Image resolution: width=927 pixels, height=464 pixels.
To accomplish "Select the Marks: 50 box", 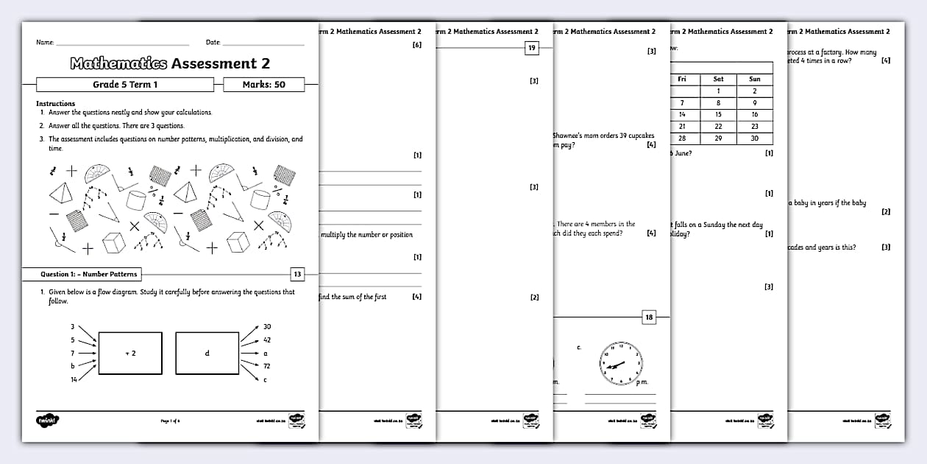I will click(x=263, y=85).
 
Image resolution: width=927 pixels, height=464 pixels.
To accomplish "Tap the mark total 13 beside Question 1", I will click(x=296, y=274).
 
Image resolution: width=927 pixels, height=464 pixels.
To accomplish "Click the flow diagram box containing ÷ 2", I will click(x=129, y=353).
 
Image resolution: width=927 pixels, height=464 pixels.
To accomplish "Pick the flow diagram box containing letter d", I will click(x=207, y=353).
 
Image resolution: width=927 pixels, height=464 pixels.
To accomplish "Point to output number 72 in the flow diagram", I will click(x=266, y=366).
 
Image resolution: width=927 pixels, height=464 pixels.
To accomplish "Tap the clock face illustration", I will click(x=620, y=363).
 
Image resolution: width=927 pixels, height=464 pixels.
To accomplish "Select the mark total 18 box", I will click(x=648, y=317).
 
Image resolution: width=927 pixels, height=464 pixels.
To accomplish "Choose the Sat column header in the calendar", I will click(x=718, y=79).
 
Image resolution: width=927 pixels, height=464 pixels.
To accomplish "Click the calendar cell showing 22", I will click(x=718, y=127).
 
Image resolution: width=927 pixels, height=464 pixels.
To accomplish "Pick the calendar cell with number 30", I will click(x=755, y=138).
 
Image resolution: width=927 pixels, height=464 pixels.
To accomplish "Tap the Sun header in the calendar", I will click(x=755, y=79).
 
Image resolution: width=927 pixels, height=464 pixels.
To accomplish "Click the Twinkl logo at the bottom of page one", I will click(x=47, y=420).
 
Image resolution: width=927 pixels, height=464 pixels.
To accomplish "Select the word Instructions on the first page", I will click(x=56, y=103).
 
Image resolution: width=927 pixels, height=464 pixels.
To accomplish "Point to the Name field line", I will click(x=122, y=44).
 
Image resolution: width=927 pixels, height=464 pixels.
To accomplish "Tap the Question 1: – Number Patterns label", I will click(x=89, y=274).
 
